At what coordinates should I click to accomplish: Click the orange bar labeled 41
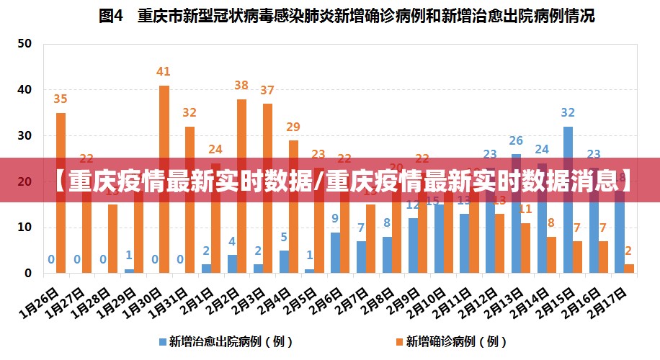[164, 180]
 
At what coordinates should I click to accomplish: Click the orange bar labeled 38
[241, 186]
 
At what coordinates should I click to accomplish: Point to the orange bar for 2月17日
[629, 269]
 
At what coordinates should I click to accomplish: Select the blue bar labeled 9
[335, 253]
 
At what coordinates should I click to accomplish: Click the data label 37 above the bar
[267, 91]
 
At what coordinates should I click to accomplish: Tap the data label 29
[293, 127]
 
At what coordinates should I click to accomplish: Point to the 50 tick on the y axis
[24, 44]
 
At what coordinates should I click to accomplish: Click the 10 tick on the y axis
[24, 228]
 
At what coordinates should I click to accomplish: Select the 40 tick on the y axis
[24, 90]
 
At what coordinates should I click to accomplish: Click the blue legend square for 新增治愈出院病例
[162, 341]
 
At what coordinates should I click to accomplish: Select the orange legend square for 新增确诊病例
[398, 341]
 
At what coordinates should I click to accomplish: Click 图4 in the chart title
[112, 16]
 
